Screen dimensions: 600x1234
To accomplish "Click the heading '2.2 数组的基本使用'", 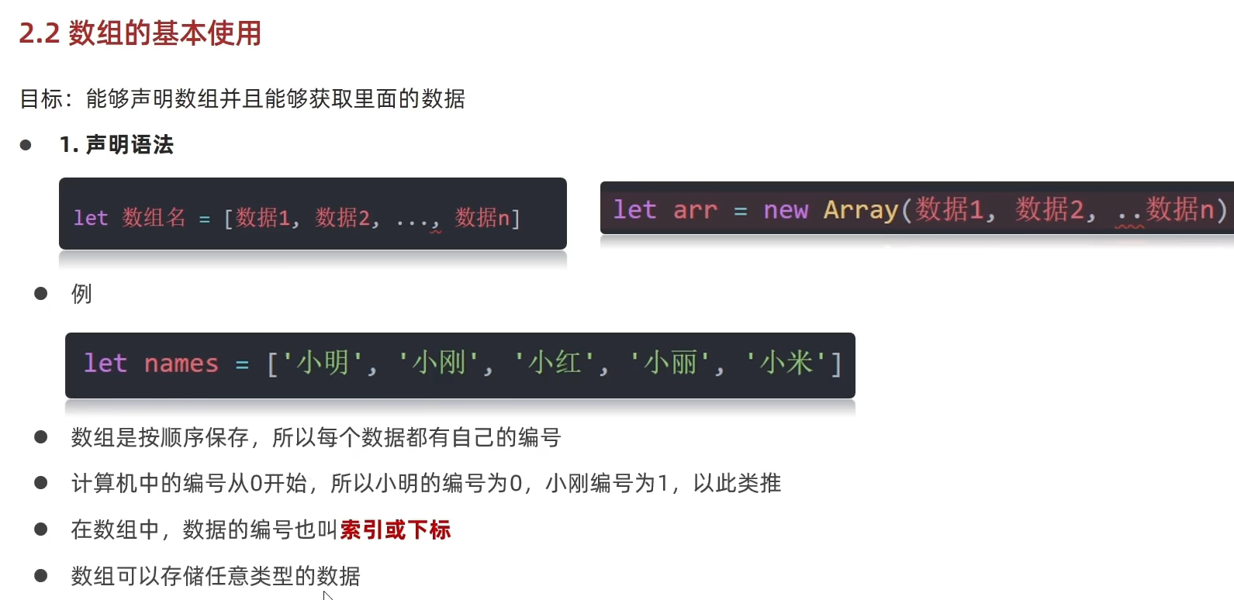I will tap(140, 33).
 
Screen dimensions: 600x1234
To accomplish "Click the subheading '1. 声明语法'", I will tap(116, 145).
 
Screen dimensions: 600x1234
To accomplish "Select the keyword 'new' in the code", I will tap(785, 210).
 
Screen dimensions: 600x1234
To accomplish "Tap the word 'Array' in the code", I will tap(860, 210).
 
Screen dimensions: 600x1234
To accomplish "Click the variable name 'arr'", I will tap(695, 210).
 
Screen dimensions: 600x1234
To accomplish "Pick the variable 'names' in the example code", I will tap(181, 364).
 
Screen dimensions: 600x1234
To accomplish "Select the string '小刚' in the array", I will tap(439, 363).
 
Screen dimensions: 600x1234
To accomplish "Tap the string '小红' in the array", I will tap(555, 363).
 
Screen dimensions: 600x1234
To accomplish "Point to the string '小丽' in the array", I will tap(670, 363).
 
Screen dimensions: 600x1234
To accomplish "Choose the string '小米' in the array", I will tap(786, 363).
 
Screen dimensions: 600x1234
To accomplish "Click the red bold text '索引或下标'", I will tap(395, 530).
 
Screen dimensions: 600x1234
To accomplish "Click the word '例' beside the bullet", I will tap(81, 294).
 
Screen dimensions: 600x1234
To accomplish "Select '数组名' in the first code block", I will tap(154, 218).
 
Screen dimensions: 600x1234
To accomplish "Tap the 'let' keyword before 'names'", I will tap(105, 364).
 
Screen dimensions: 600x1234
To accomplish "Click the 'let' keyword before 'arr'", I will tap(634, 210).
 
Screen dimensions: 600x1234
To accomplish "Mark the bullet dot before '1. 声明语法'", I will tap(26, 145).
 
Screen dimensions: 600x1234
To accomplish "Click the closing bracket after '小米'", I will tap(836, 364).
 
